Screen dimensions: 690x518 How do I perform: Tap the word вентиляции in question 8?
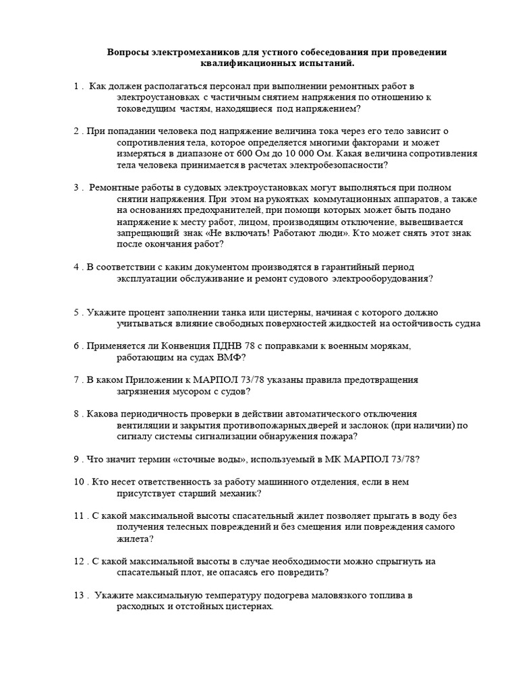[x=140, y=425]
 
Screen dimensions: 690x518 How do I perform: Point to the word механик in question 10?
[x=237, y=493]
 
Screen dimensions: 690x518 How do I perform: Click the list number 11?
[x=79, y=515]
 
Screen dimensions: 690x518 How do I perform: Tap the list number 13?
[x=79, y=595]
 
